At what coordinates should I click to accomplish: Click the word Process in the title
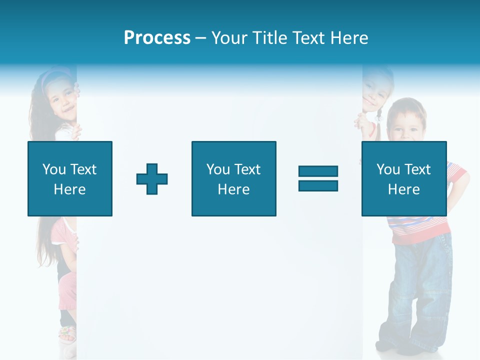(x=157, y=38)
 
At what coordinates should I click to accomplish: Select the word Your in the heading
(x=229, y=38)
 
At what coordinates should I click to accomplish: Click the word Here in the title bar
(x=349, y=38)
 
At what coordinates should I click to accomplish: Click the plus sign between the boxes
(x=152, y=179)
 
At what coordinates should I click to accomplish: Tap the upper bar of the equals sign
(x=318, y=171)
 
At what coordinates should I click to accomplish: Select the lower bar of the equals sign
(x=318, y=185)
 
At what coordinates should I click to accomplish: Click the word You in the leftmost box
(x=53, y=169)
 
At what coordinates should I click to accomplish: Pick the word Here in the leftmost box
(x=69, y=189)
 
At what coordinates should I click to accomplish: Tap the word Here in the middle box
(x=233, y=189)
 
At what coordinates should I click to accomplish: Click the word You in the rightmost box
(x=387, y=169)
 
